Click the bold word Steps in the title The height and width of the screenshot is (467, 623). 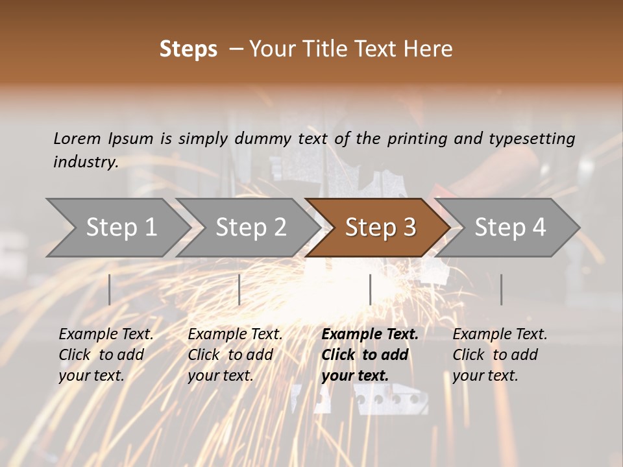[188, 49]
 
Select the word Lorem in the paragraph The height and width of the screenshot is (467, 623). [77, 138]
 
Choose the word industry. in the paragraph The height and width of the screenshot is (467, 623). [86, 162]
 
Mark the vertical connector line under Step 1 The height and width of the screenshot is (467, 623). [110, 289]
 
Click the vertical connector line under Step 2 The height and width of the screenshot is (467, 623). [239, 289]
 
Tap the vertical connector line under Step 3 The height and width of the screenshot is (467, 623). [370, 289]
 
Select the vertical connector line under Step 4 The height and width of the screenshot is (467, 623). [501, 289]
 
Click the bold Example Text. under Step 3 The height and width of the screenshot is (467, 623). [370, 335]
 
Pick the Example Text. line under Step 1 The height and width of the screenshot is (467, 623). [106, 335]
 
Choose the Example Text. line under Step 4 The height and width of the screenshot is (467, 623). [500, 335]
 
